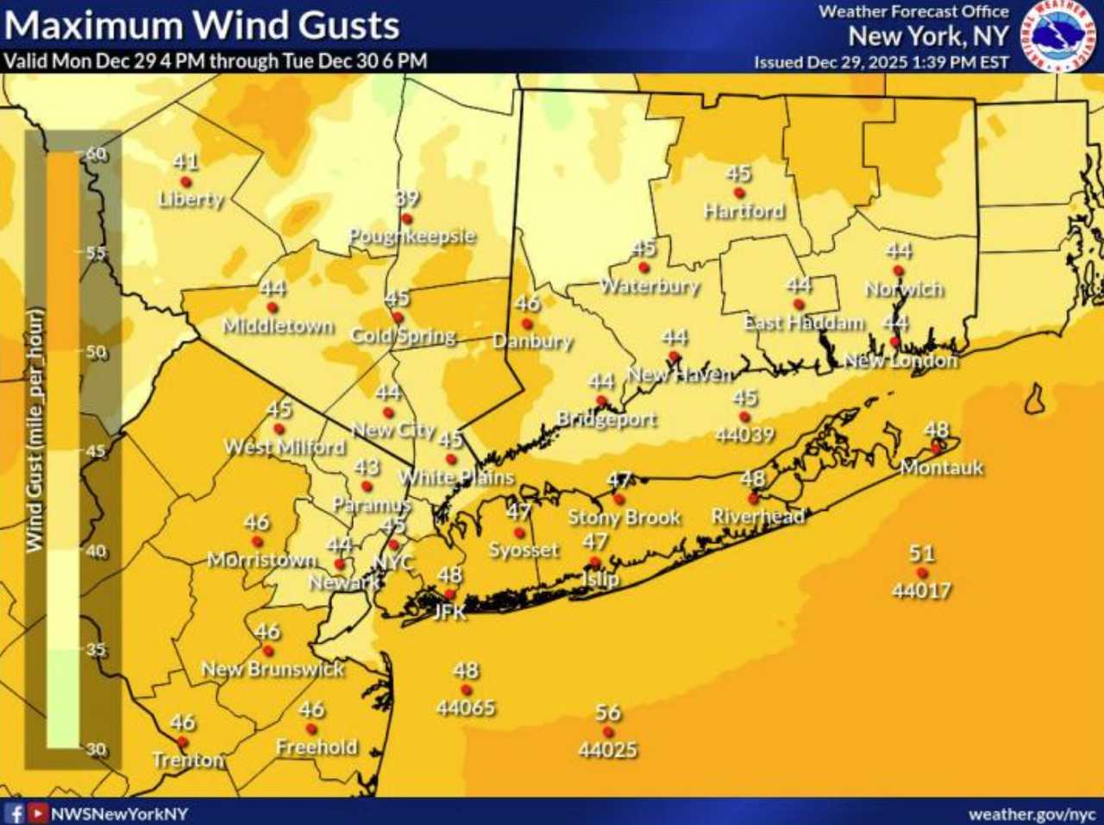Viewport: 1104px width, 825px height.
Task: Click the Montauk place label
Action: [941, 468]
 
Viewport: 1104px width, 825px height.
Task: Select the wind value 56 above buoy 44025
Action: [608, 713]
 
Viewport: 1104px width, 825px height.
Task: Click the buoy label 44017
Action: [921, 591]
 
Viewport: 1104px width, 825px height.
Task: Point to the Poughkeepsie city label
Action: [411, 236]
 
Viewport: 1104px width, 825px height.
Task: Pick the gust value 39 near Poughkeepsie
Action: [407, 198]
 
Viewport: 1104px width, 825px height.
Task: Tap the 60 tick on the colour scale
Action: [96, 154]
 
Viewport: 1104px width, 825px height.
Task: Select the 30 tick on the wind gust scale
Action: [96, 749]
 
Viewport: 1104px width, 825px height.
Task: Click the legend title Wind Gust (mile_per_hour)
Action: [34, 430]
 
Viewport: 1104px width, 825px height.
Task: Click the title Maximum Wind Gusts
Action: [202, 25]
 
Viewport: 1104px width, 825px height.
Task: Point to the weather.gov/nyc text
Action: [1032, 814]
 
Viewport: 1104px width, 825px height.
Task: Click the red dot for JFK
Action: [449, 595]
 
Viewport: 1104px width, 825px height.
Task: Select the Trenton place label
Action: [187, 760]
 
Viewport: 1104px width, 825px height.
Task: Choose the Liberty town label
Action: [191, 198]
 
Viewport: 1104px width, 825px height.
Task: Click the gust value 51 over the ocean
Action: [921, 553]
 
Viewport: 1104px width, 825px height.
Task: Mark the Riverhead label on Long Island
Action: [757, 516]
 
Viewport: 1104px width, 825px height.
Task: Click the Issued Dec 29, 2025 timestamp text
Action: [881, 62]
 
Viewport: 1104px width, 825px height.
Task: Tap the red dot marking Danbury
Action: [526, 324]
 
